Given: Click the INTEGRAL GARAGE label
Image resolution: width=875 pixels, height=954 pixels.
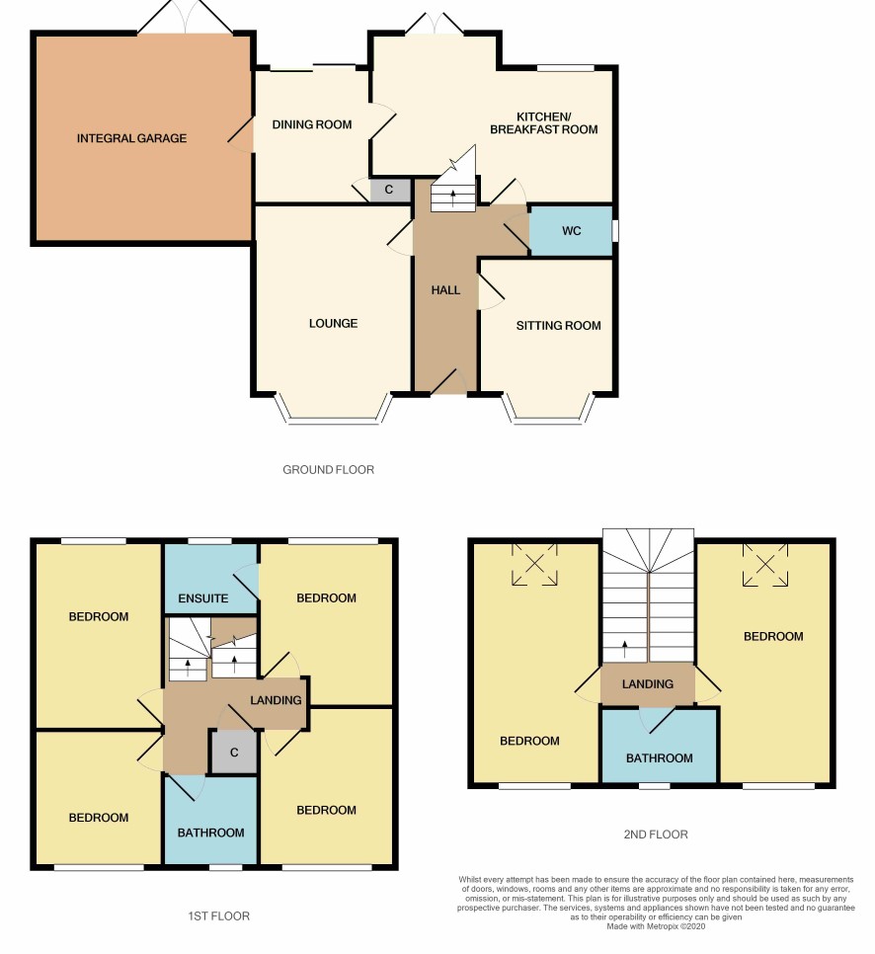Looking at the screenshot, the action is click(x=131, y=138).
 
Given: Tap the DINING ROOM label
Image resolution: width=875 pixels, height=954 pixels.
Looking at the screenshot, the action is click(x=311, y=124).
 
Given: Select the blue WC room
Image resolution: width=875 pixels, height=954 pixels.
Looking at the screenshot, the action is click(x=571, y=230).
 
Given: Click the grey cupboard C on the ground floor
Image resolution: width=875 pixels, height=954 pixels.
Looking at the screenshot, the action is click(x=389, y=190).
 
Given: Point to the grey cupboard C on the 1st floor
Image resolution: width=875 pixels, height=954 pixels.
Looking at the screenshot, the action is click(x=234, y=753).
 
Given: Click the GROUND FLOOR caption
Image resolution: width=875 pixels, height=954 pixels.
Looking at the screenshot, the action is click(x=328, y=470).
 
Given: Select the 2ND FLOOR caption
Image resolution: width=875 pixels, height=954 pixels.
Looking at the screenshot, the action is click(x=656, y=835).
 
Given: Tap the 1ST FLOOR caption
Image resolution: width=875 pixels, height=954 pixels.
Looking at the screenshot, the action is click(x=218, y=915).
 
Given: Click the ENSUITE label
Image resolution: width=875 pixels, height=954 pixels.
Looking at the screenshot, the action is click(x=203, y=598).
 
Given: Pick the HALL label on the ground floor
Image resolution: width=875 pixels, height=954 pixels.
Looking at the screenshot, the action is click(x=445, y=290).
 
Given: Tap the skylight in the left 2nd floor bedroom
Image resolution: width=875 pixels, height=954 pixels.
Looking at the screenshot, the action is click(x=534, y=564).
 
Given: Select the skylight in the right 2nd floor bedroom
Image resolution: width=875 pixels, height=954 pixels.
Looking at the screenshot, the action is click(x=764, y=565).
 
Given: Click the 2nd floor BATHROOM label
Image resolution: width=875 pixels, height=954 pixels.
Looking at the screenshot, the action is click(x=660, y=758).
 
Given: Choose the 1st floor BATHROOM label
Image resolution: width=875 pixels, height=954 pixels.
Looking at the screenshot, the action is click(x=210, y=833).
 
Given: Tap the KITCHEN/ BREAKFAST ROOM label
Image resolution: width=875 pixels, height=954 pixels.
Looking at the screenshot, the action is click(x=543, y=122).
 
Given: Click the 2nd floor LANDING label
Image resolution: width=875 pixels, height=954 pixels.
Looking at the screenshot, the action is click(x=648, y=683).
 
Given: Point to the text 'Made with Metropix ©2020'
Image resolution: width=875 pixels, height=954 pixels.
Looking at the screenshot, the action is click(x=656, y=926).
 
